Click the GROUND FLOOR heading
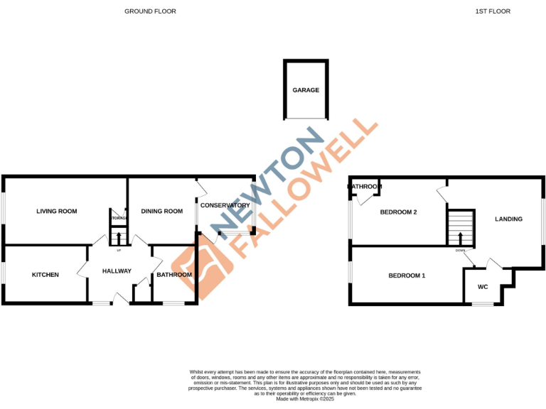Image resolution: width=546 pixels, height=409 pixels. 150,11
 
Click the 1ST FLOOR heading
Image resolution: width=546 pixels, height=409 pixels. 493,11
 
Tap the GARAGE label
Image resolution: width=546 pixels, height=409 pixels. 306,90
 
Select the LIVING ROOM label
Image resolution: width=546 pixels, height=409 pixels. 57,211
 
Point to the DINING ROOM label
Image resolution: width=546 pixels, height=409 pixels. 162,211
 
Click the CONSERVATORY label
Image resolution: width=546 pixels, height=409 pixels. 225,205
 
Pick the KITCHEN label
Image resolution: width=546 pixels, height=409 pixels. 45,275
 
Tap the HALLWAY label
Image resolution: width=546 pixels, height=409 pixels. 117,271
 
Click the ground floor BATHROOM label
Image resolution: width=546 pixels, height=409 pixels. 174,275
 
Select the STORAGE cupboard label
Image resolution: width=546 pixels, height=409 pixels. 118,218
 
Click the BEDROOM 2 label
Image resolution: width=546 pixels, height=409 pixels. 398,212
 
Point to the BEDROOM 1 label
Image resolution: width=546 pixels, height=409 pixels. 407,275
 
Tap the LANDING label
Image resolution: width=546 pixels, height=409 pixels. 508,219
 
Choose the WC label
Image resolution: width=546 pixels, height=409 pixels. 483,287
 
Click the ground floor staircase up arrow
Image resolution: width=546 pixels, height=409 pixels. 118,238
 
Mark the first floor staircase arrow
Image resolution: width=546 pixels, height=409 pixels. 461,238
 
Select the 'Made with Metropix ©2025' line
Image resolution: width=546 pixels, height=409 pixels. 305,399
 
